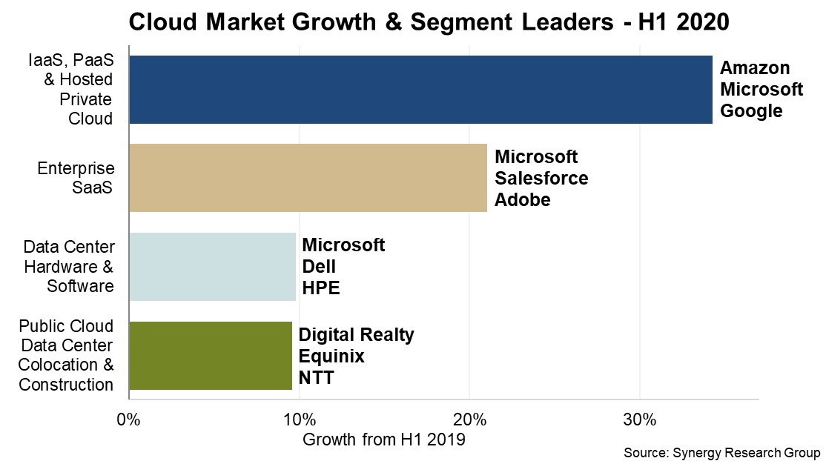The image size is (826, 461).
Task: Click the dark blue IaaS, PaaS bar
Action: pyautogui.click(x=420, y=89)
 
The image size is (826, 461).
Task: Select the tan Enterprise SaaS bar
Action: pyautogui.click(x=308, y=178)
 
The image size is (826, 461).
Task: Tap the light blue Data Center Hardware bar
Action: pyautogui.click(x=212, y=267)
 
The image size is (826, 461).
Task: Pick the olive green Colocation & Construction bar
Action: pyautogui.click(x=211, y=356)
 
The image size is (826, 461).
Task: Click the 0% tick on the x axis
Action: pyautogui.click(x=129, y=419)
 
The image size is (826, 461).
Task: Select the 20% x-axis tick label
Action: pyautogui.click(x=468, y=419)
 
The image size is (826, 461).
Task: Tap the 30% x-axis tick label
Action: pyautogui.click(x=638, y=419)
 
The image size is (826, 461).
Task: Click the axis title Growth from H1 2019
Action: pyautogui.click(x=383, y=440)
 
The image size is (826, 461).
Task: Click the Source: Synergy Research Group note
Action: pyautogui.click(x=721, y=452)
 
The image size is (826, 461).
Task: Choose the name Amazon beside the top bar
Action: pyautogui.click(x=755, y=68)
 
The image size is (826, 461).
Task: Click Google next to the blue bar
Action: pyautogui.click(x=751, y=111)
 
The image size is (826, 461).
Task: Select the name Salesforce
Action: pyautogui.click(x=541, y=179)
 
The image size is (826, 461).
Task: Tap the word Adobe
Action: pyautogui.click(x=522, y=200)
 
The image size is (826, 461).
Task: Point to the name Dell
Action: pyautogui.click(x=319, y=267)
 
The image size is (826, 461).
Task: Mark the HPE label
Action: pyautogui.click(x=320, y=288)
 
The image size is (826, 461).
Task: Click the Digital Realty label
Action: pyautogui.click(x=356, y=335)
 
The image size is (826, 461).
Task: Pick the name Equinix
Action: pyautogui.click(x=331, y=356)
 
